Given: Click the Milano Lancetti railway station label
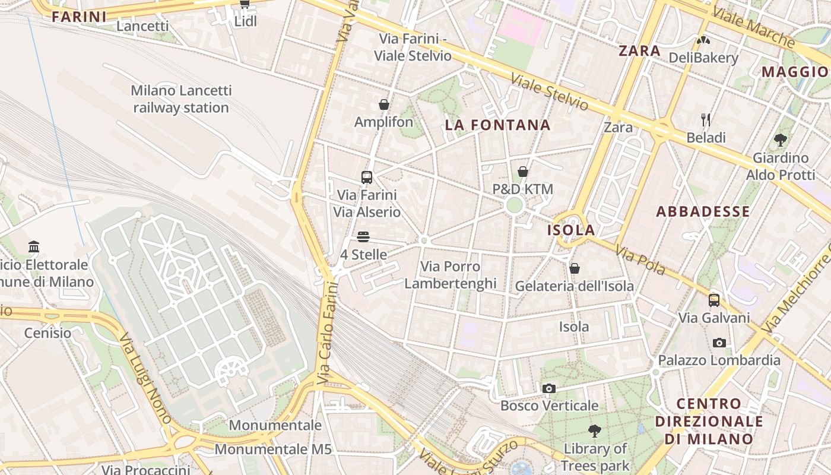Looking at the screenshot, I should click(181, 99).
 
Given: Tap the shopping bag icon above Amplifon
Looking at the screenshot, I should click(384, 105).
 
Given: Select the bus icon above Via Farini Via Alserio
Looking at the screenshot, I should click(367, 177).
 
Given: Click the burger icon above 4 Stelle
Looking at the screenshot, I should click(364, 237).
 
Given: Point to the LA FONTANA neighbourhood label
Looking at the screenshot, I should click(498, 125).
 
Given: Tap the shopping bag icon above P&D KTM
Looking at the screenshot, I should click(523, 172).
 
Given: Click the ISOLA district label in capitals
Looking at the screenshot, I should click(570, 230).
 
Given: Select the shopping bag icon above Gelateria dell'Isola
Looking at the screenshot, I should click(575, 269).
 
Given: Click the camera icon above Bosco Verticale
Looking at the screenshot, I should click(549, 389).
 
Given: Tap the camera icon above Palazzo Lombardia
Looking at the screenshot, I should click(719, 343).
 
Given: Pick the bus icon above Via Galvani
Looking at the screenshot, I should click(714, 300).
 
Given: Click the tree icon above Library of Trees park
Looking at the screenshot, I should click(595, 431).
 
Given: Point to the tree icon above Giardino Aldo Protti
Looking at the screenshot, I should click(781, 141).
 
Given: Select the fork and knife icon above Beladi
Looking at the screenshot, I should click(706, 120).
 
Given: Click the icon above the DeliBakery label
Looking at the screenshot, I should click(703, 41).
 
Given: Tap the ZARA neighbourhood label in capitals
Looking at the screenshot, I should click(639, 50).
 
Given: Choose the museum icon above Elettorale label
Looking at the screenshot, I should click(34, 247).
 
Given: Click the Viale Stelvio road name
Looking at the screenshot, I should click(550, 92).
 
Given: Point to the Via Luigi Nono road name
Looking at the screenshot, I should click(145, 378).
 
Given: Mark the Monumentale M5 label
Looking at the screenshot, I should click(273, 449).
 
